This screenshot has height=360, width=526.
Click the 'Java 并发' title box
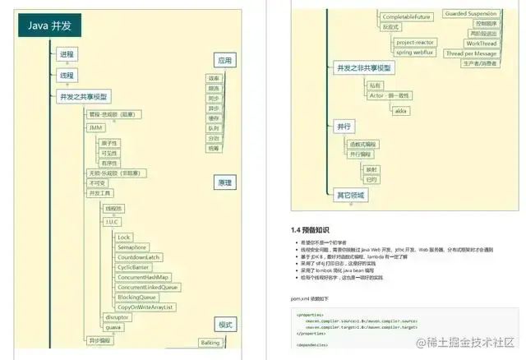50,26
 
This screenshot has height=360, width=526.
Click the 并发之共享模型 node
83,97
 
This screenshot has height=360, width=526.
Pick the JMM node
96,128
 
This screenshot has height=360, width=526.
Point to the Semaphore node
131,247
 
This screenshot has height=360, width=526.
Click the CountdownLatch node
137,257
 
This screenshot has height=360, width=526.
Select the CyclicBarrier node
132,267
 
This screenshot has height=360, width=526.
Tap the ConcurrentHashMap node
142,278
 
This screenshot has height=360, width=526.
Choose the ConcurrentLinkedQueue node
148,288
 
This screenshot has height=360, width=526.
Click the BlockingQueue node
138,298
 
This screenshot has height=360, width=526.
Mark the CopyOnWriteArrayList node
145,307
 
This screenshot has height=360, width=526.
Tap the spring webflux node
415,52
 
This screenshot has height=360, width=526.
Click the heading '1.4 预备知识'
311,230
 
